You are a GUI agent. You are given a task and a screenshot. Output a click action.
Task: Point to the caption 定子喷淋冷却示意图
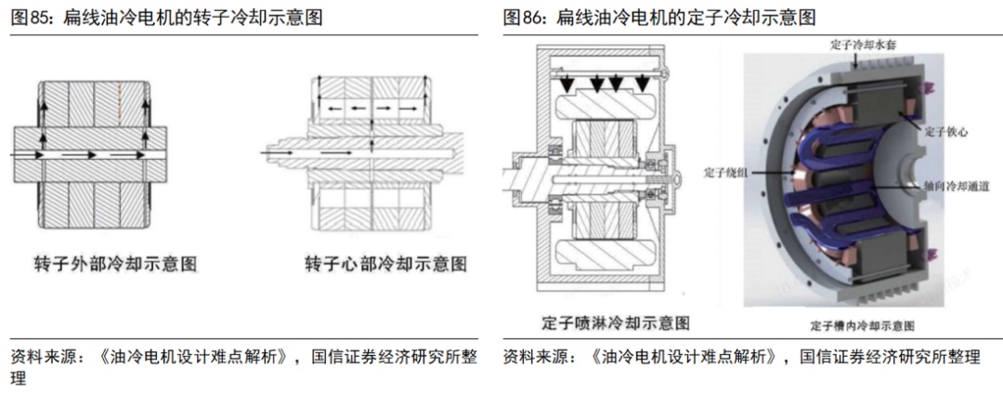(616, 323)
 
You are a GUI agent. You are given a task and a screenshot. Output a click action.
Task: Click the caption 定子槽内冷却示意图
(863, 326)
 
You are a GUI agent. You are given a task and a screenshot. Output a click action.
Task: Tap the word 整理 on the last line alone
(19, 378)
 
